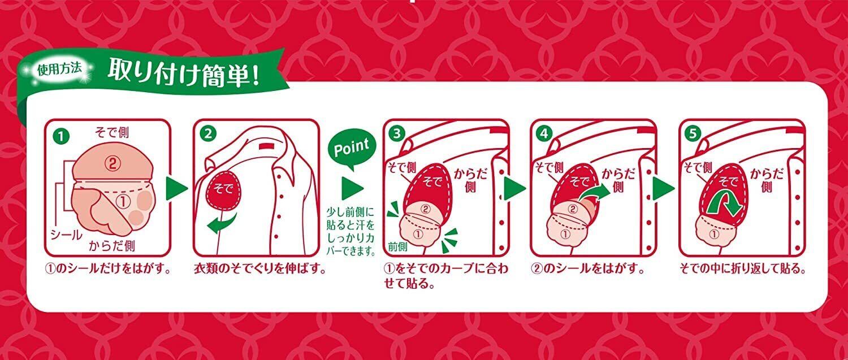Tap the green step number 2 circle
(208, 133)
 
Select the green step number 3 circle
(397, 133)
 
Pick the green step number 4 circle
(544, 133)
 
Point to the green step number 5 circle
(693, 133)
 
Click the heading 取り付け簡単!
(184, 72)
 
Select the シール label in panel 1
(66, 235)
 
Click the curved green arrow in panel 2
(222, 224)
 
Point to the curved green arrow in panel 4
(594, 193)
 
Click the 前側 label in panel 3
(398, 247)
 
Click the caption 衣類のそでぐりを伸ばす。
(260, 268)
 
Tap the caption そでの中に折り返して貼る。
(743, 268)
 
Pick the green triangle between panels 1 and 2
(177, 189)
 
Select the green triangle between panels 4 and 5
(664, 189)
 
